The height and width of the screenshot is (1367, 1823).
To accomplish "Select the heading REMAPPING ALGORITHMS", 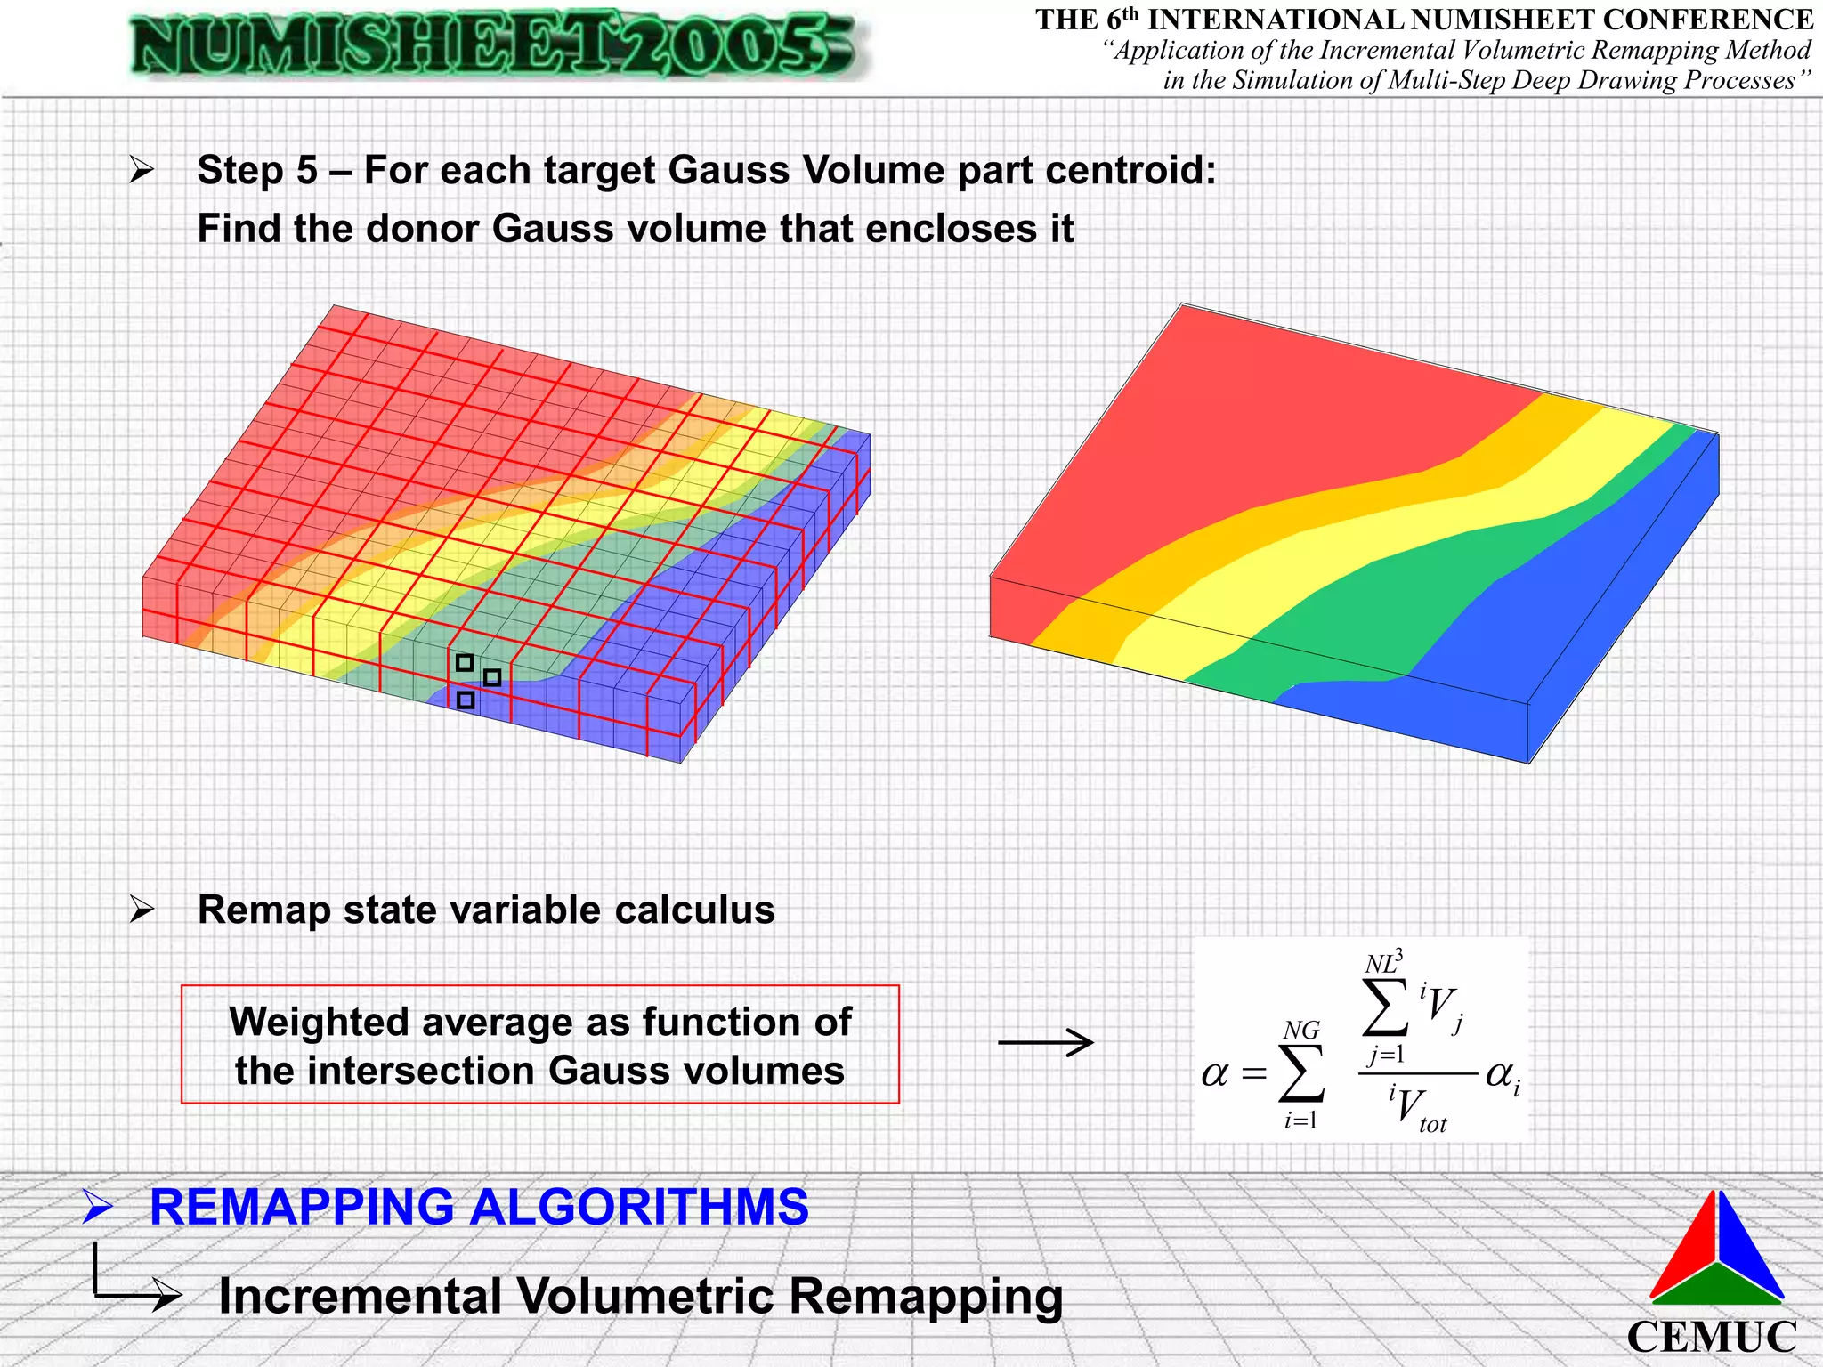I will (x=479, y=1208).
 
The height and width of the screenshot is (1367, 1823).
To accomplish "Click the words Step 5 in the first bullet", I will (x=257, y=170).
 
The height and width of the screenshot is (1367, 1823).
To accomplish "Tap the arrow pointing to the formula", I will (x=1045, y=1042).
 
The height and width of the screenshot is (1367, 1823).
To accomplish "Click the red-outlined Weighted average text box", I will (x=539, y=1045).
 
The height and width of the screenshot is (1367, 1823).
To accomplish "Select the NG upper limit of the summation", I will (x=1300, y=1031).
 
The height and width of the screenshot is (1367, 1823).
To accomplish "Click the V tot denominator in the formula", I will (x=1419, y=1111).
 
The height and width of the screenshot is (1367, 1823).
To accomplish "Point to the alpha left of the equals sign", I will (x=1214, y=1075).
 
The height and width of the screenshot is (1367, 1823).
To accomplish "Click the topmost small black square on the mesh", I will (x=465, y=663).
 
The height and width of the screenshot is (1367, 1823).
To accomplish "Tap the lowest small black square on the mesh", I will (x=466, y=700).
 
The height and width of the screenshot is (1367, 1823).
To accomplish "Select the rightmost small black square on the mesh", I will (x=492, y=678).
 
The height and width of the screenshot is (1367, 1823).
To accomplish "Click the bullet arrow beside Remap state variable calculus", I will (x=142, y=910).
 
